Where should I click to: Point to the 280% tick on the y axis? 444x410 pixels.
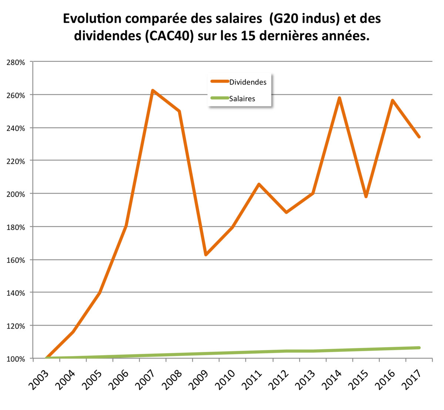(16, 63)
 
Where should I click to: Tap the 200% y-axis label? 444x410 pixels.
(16, 194)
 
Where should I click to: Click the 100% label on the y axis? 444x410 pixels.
(16, 359)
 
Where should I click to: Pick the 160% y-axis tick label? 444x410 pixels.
(16, 260)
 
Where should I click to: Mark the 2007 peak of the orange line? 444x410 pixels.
(152, 91)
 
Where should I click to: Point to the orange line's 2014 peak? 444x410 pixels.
(339, 98)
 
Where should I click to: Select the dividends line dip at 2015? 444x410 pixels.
(366, 196)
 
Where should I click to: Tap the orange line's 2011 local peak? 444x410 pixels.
(259, 184)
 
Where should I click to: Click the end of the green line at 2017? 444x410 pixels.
(419, 348)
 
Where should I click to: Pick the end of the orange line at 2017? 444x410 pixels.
(419, 137)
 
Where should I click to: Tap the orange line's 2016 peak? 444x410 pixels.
(393, 101)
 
